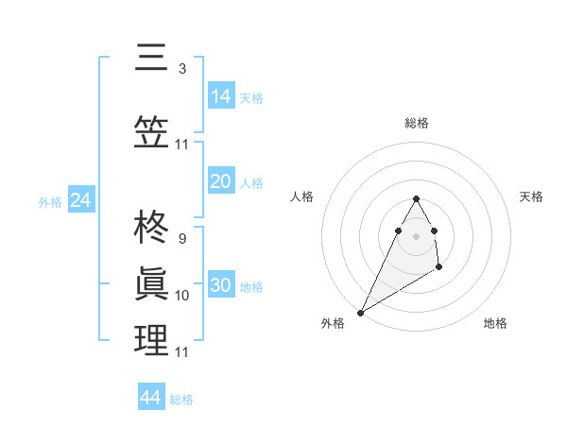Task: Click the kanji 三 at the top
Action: pos(151,59)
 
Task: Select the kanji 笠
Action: pos(151,131)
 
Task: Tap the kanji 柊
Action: pos(151,229)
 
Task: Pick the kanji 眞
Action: pos(151,284)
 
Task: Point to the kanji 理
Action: pos(151,340)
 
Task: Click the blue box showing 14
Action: pos(221,96)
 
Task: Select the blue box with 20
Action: pos(221,181)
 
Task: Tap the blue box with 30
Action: pos(221,286)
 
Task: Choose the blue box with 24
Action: pos(81,200)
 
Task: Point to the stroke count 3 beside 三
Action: pos(181,69)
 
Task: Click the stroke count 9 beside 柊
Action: pos(181,239)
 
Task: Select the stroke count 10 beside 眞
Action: pos(181,296)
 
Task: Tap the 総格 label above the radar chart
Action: pos(416,123)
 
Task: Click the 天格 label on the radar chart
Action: pos(531,196)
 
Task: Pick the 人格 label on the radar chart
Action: pos(301,196)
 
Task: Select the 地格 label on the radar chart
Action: pos(495,323)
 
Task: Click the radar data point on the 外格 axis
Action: pos(360,312)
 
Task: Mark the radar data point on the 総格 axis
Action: pos(416,198)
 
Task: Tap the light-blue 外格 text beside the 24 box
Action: pos(50,201)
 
